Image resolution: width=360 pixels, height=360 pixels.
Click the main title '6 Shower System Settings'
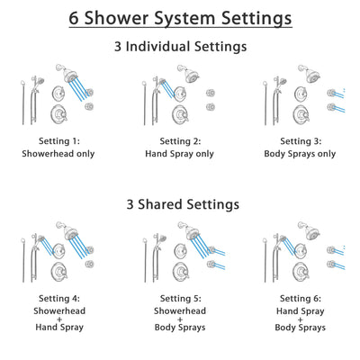coord(180,18)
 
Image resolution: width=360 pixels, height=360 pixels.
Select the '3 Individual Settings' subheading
coord(180,46)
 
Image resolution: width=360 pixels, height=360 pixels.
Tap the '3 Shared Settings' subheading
coord(180,204)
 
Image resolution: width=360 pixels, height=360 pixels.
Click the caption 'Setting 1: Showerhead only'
coord(59,148)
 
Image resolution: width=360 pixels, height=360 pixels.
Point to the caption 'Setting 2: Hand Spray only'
coord(180,148)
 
